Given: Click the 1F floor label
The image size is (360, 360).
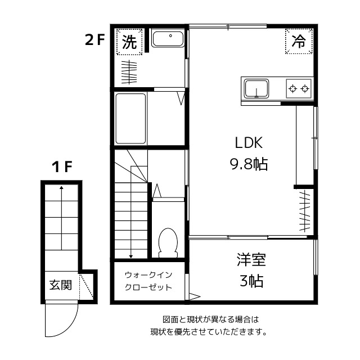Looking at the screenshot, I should point(62,167).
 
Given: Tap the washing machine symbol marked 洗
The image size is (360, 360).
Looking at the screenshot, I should point(129,42).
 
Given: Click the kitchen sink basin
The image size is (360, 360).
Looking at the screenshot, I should point(256,88).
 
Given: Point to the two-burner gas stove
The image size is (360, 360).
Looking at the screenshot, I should point(298,88).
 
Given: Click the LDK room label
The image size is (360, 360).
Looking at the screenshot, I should point(248,142).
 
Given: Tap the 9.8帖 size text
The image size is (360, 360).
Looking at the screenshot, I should point(248,164).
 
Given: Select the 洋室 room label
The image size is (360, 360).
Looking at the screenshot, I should point(251,260).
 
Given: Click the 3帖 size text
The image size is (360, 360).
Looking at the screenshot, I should point(251,281).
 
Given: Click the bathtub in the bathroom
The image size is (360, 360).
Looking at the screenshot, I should point(130,119).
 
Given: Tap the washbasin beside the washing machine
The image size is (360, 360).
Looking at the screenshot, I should point(167,40).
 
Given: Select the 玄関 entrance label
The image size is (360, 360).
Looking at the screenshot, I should point(60,285).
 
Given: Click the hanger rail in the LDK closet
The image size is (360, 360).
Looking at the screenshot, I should point(304,211).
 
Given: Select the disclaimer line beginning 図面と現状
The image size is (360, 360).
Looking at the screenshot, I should point(207,319).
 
